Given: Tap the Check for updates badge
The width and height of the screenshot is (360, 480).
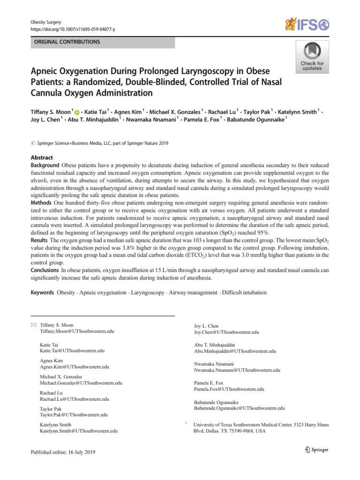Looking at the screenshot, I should (312, 57).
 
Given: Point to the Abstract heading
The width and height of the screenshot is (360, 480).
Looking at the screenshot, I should (42, 158).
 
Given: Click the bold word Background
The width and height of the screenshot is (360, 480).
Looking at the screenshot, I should (45, 165).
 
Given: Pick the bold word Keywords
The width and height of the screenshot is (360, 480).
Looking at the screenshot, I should (42, 292).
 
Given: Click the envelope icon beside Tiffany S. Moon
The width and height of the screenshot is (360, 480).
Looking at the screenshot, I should (33, 325).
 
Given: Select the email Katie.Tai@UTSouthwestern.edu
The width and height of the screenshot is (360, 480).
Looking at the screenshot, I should (72, 351).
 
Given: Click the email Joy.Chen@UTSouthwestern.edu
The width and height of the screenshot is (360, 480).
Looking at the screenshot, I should (226, 332).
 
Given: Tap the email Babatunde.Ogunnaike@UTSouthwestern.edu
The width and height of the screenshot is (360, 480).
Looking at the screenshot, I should (239, 408).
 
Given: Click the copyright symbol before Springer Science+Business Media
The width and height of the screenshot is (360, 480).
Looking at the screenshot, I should (33, 143).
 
